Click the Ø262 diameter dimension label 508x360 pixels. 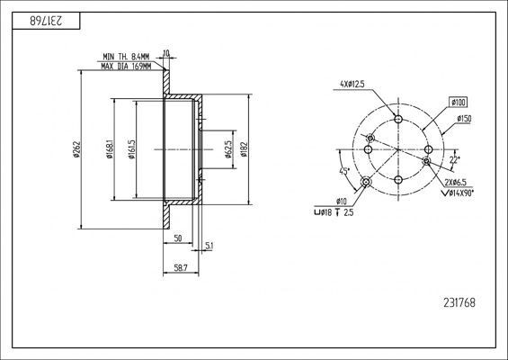[x=76, y=149]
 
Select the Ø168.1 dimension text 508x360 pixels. [x=110, y=149]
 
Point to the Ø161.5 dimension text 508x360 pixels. [x=131, y=149]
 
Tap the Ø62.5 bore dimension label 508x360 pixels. [x=228, y=149]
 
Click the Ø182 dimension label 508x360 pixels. [x=244, y=149]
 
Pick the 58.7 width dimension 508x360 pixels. [x=181, y=268]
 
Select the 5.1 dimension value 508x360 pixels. [x=209, y=247]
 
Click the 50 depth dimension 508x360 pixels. [x=178, y=238]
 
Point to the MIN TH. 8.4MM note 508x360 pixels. [x=126, y=57]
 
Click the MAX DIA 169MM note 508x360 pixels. [x=126, y=67]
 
